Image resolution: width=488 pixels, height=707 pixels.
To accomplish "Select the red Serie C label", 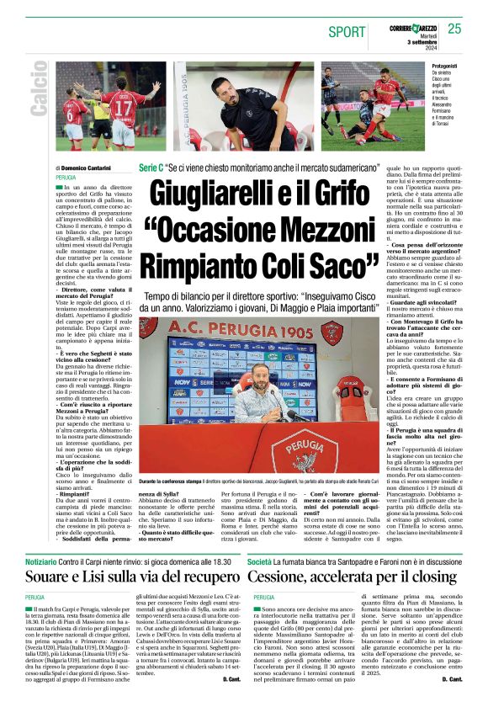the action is point(151,168).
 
